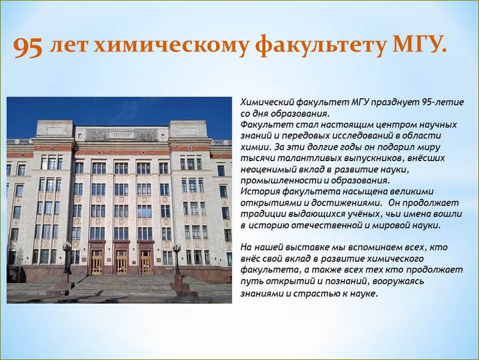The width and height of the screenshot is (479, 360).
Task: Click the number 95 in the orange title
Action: pos(28,47)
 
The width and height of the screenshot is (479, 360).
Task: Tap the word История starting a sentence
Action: pos(260,192)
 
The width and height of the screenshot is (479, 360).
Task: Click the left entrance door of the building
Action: pos(97,262)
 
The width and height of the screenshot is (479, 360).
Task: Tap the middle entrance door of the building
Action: pos(122,262)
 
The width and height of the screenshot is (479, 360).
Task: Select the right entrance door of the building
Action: pos(145,262)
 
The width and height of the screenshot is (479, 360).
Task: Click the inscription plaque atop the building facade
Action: pos(122,135)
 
